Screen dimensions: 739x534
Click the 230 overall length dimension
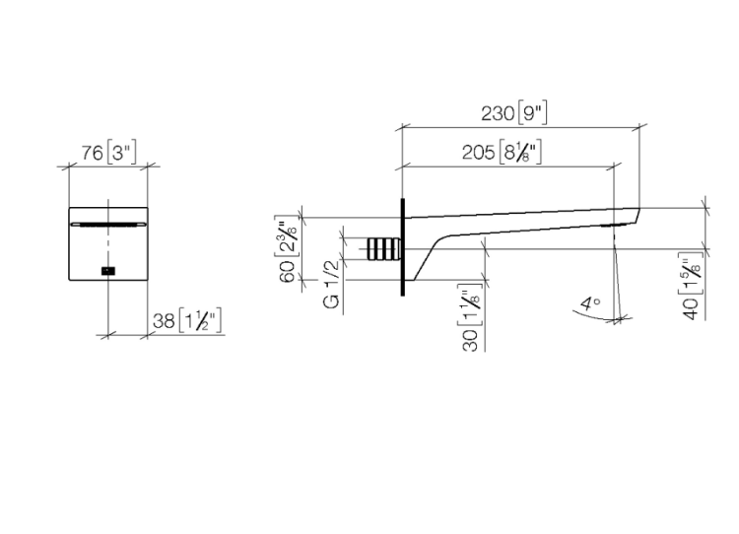tap(498, 113)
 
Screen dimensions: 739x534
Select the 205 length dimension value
tap(478, 153)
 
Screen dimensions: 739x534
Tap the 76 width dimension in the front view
tap(93, 153)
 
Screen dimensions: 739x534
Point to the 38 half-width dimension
tap(164, 321)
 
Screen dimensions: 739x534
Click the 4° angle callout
tap(590, 303)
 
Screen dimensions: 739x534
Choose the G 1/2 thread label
tap(331, 284)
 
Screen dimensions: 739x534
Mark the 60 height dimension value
tap(287, 271)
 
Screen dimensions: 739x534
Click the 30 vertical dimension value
tap(470, 340)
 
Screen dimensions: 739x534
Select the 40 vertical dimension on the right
tap(691, 308)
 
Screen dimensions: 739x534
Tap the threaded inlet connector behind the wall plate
tap(383, 249)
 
